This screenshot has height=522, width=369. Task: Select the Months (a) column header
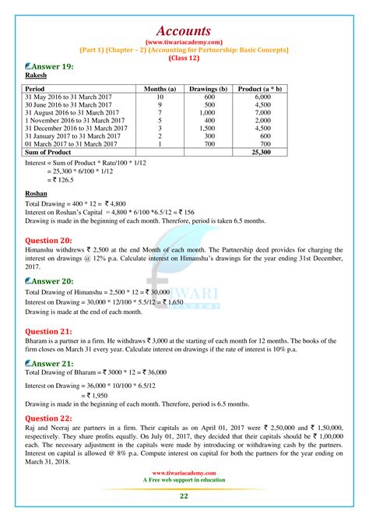(160, 90)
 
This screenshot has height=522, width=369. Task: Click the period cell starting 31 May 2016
(66, 97)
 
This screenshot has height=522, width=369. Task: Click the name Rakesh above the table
(37, 78)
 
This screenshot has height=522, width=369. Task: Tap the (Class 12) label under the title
(184, 56)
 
